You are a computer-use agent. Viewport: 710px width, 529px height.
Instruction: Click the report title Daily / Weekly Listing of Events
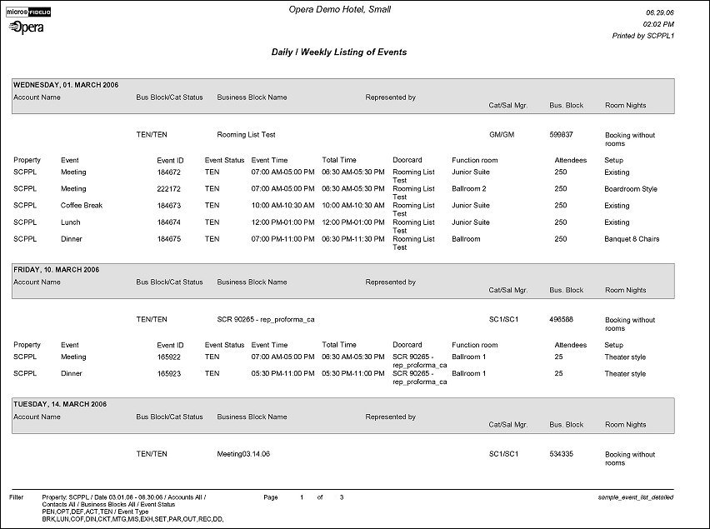(x=338, y=52)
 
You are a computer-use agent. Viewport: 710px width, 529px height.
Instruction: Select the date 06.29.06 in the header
(x=659, y=14)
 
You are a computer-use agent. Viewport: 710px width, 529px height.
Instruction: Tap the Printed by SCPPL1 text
(x=642, y=37)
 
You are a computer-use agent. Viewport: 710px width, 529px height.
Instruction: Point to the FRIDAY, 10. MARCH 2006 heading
(x=56, y=270)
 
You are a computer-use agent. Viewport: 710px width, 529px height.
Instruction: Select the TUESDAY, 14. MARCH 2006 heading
(x=59, y=404)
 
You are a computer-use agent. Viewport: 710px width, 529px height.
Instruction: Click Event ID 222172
(x=169, y=189)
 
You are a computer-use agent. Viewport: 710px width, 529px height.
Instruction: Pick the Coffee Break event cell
(x=82, y=206)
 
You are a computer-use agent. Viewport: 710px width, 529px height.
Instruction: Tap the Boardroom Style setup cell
(x=630, y=189)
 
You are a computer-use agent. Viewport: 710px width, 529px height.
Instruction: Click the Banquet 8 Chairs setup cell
(x=631, y=239)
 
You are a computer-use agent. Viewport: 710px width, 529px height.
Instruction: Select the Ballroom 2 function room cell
(x=468, y=189)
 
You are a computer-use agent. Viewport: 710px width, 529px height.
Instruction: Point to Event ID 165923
(x=169, y=374)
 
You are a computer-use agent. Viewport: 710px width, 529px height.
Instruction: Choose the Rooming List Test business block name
(x=246, y=135)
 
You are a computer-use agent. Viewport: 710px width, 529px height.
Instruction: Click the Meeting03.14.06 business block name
(x=243, y=454)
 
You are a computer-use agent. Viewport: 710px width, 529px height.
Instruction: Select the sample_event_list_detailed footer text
(x=635, y=497)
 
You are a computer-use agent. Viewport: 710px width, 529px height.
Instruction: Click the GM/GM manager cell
(x=500, y=135)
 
